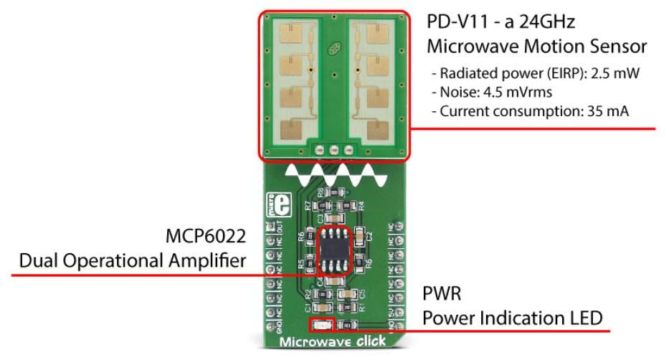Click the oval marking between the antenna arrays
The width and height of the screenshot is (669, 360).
point(333,51)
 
